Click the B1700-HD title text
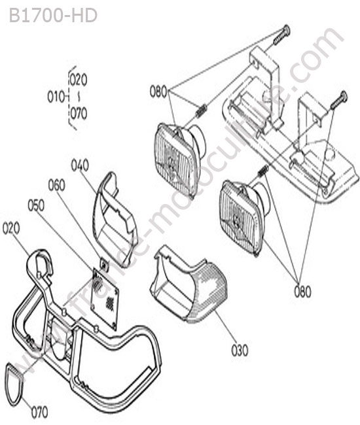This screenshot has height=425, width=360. pos(53,16)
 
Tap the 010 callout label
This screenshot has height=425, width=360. pos(56,97)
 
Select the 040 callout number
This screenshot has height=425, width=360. pos(80,165)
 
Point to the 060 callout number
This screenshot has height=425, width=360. pos(57,186)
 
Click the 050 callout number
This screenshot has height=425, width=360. pos(36,206)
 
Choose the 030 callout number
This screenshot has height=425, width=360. pos(240,350)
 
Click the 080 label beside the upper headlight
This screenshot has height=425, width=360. pos(158,92)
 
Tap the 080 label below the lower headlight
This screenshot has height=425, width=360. pos(302,292)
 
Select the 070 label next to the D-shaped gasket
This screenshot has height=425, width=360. pos(40,413)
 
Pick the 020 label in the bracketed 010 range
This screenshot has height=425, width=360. pos(79,80)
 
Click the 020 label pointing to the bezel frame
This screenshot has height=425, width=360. pos(11,228)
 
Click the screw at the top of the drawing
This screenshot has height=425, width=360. pos(281,35)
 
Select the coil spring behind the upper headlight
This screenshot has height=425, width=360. pos(201,111)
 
